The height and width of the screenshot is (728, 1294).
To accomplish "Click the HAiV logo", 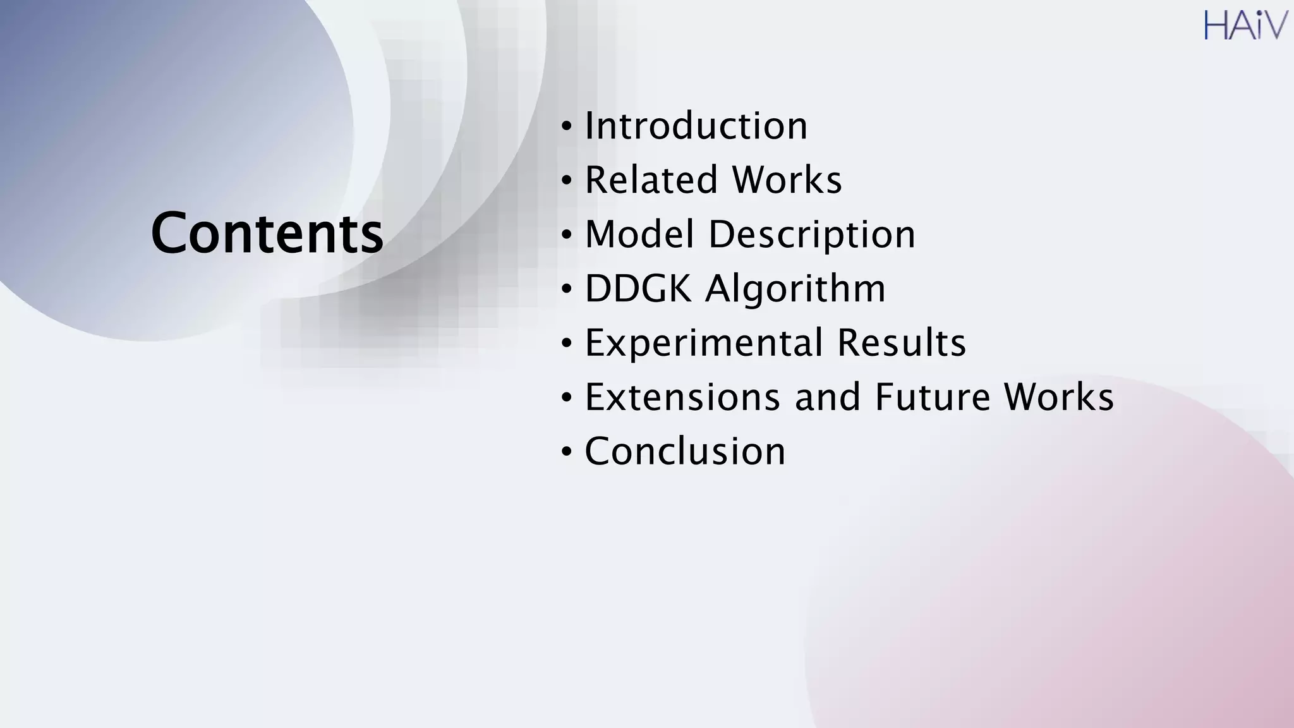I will [x=1245, y=25].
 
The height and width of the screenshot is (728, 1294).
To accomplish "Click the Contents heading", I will [x=267, y=233].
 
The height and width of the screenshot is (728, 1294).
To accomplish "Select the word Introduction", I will [x=696, y=126].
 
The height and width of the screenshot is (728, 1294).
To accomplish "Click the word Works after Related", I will [x=787, y=180].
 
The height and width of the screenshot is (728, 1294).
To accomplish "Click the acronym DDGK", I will [x=638, y=289].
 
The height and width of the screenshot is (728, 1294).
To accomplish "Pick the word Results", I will [x=902, y=343].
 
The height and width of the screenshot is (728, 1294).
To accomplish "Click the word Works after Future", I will [x=1059, y=397].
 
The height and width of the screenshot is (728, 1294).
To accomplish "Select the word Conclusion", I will [x=686, y=452].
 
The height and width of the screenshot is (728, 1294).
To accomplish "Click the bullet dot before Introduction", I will [x=567, y=126].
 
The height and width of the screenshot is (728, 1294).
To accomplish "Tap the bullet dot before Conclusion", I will [x=567, y=452].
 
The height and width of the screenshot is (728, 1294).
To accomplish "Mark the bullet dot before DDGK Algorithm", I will [x=567, y=289].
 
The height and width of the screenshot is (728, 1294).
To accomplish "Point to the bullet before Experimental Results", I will [x=567, y=344].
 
